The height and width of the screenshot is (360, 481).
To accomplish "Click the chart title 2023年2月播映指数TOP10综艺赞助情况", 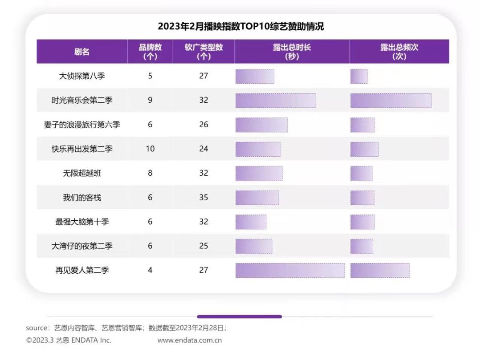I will tap(240, 27).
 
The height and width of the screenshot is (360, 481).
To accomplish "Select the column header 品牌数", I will tap(150, 52).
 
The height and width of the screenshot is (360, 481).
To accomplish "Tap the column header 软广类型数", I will tap(204, 52).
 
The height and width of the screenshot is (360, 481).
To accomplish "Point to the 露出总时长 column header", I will tap(292, 52).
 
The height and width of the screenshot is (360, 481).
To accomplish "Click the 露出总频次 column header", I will tap(399, 52).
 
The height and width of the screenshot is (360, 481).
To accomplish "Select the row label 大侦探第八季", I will tap(82, 76).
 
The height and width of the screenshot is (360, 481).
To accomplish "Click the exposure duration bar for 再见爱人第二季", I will tap(290, 270).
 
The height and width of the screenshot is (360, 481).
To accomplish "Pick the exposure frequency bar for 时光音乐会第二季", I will tap(391, 101).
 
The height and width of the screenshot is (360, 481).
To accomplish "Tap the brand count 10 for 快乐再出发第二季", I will tap(150, 149).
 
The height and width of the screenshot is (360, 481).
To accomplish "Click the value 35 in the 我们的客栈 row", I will tap(204, 197).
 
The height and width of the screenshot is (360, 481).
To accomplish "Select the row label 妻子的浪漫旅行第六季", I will tap(82, 125).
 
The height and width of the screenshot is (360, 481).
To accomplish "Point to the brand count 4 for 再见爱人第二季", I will tap(150, 270).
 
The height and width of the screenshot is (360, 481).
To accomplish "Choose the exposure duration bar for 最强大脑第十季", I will tap(251, 222).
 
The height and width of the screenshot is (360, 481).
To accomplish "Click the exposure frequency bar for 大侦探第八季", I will tap(359, 76).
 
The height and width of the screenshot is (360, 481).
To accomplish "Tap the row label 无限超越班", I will tap(82, 173).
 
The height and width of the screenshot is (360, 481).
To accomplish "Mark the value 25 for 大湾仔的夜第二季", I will tap(204, 246).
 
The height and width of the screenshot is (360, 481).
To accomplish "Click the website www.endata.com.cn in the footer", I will tap(190, 340).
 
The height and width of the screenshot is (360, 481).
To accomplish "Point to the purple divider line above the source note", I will tap(239, 317).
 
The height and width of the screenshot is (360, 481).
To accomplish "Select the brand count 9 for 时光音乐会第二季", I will tap(150, 101).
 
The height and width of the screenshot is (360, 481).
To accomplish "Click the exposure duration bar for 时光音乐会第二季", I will tap(276, 101).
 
